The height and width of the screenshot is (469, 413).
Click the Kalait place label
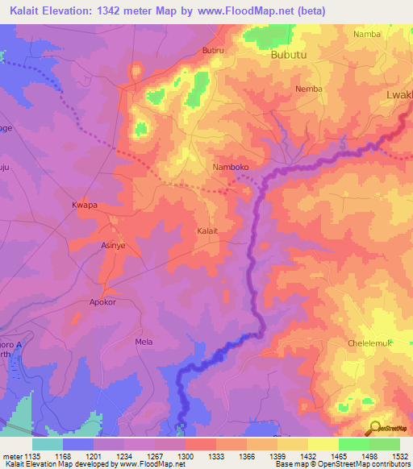coord(208,230)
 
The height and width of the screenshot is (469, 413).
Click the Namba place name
coord(367,34)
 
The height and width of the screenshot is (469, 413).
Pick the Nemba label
coord(309,89)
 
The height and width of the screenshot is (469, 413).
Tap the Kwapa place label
coord(85,205)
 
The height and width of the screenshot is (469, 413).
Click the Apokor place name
coord(102,302)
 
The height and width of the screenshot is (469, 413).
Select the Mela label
coord(144,342)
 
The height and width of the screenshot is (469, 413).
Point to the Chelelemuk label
coord(369,342)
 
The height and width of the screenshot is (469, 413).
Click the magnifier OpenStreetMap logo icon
coord(374,427)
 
